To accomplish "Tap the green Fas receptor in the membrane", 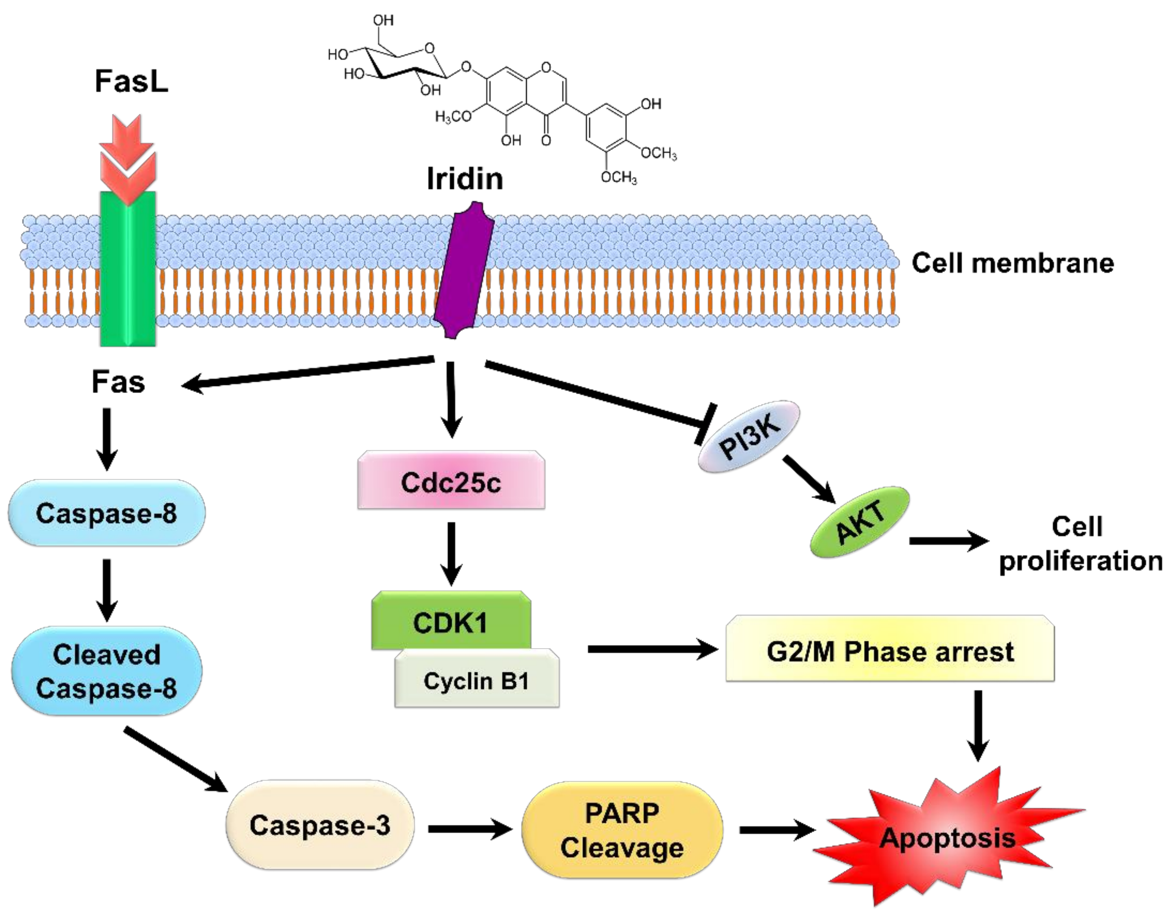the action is point(128,269).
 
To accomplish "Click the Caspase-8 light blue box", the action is point(106,513).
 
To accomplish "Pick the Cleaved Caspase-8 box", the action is point(106,671).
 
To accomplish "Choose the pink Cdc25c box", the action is point(451,480).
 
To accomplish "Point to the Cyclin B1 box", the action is point(477,678).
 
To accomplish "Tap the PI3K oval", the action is point(749,436).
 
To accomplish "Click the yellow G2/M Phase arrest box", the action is point(890,649).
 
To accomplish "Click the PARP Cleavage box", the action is point(622,830).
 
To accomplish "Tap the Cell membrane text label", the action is point(1012,263).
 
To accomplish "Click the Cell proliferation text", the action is point(1080,544).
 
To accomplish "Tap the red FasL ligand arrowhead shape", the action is point(128,159).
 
